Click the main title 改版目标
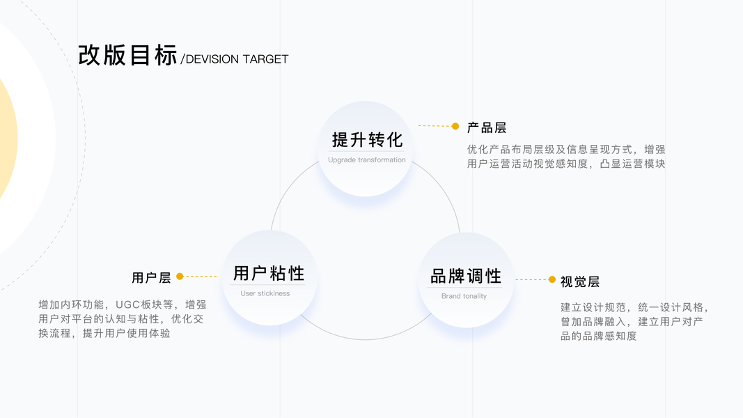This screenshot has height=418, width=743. coord(127,55)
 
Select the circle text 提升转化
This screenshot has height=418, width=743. coord(367,139)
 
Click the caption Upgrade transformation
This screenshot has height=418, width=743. coord(367,160)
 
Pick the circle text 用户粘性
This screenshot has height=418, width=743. coord(269,272)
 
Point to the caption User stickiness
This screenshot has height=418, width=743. coord(265,293)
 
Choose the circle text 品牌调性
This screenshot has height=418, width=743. coord(466,276)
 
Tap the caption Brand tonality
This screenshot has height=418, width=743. coord(464,296)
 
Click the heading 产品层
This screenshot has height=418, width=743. coord(486,127)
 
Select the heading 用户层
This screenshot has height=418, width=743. coord(151,277)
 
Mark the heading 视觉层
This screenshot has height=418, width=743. coord(580,281)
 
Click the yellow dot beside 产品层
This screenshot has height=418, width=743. coord(455,126)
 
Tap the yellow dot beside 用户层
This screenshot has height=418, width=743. coord(180,277)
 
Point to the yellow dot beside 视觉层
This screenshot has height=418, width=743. coord(552,279)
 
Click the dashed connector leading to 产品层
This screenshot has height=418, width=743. coord(435,126)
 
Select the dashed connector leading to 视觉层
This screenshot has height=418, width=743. coord(531,279)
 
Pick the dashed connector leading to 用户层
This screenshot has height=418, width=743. coord(201,277)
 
